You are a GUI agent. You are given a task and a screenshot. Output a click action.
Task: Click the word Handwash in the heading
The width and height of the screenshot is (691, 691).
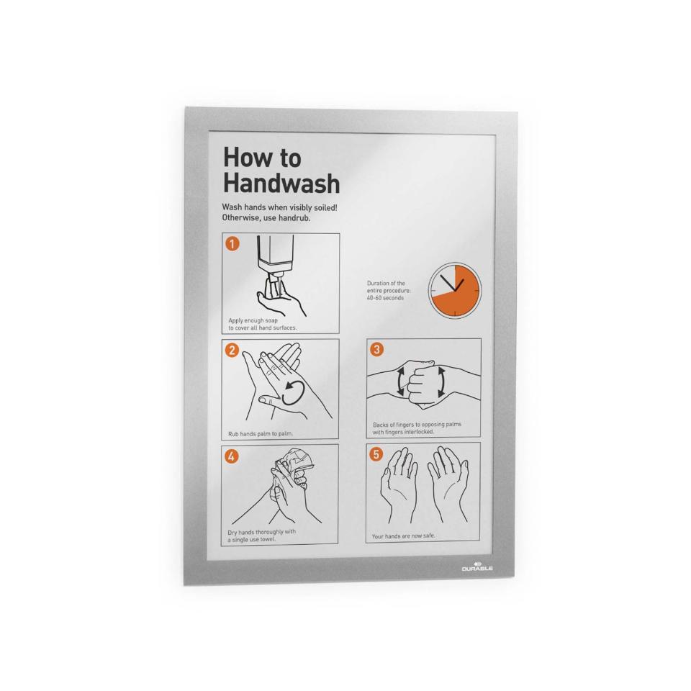point(281,183)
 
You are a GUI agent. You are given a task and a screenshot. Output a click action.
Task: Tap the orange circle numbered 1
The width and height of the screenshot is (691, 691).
point(232,243)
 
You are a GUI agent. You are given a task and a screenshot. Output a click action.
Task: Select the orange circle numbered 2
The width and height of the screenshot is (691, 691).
point(232,350)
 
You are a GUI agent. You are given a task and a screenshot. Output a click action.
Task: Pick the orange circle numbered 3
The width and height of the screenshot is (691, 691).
point(376,350)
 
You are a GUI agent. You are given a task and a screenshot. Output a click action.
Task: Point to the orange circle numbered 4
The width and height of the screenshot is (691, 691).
point(231,456)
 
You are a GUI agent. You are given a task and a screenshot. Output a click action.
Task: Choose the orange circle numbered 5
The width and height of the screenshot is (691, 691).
point(376,454)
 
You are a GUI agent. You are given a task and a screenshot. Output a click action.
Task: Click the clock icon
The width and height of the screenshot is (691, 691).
point(455,290)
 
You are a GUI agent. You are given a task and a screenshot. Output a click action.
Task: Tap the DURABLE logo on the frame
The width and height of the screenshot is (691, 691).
point(477,566)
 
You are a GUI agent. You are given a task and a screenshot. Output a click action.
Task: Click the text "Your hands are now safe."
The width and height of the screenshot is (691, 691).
point(403,536)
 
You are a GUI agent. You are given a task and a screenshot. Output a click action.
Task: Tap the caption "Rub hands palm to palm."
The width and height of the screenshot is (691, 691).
point(261,433)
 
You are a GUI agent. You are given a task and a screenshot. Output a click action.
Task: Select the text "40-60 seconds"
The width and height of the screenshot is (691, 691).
point(385,298)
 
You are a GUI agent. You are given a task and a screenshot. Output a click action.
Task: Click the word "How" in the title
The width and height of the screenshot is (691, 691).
point(245,158)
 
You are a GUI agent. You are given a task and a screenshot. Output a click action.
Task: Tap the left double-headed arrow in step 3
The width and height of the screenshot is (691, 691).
point(401,381)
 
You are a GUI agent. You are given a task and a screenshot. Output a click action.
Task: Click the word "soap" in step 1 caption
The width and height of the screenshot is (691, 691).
point(271,321)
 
